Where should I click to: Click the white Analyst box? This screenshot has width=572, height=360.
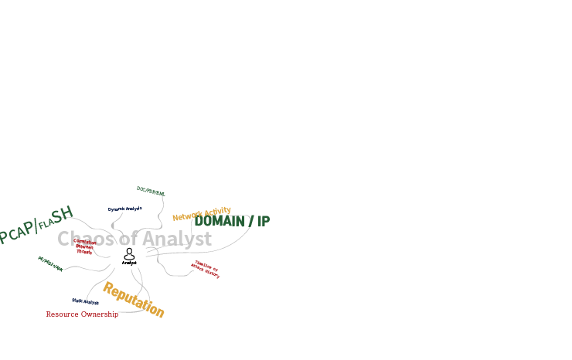[129, 256]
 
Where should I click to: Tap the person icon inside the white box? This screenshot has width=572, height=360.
[129, 253]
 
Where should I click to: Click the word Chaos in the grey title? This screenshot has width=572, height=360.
[85, 239]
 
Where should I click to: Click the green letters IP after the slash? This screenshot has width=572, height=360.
[264, 221]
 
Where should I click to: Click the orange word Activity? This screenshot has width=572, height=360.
[217, 211]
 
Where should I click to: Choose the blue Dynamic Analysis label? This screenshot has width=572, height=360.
[125, 209]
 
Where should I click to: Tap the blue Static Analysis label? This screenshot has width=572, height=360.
[85, 302]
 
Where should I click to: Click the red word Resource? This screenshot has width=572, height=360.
[63, 314]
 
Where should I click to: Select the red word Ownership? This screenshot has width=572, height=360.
[100, 314]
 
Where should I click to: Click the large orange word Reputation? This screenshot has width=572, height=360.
[133, 300]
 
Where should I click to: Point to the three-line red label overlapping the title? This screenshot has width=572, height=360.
[84, 246]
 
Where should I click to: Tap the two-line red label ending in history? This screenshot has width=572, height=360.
[206, 270]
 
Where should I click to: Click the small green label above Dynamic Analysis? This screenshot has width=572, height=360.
[151, 191]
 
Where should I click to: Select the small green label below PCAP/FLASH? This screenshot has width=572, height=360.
[51, 263]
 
